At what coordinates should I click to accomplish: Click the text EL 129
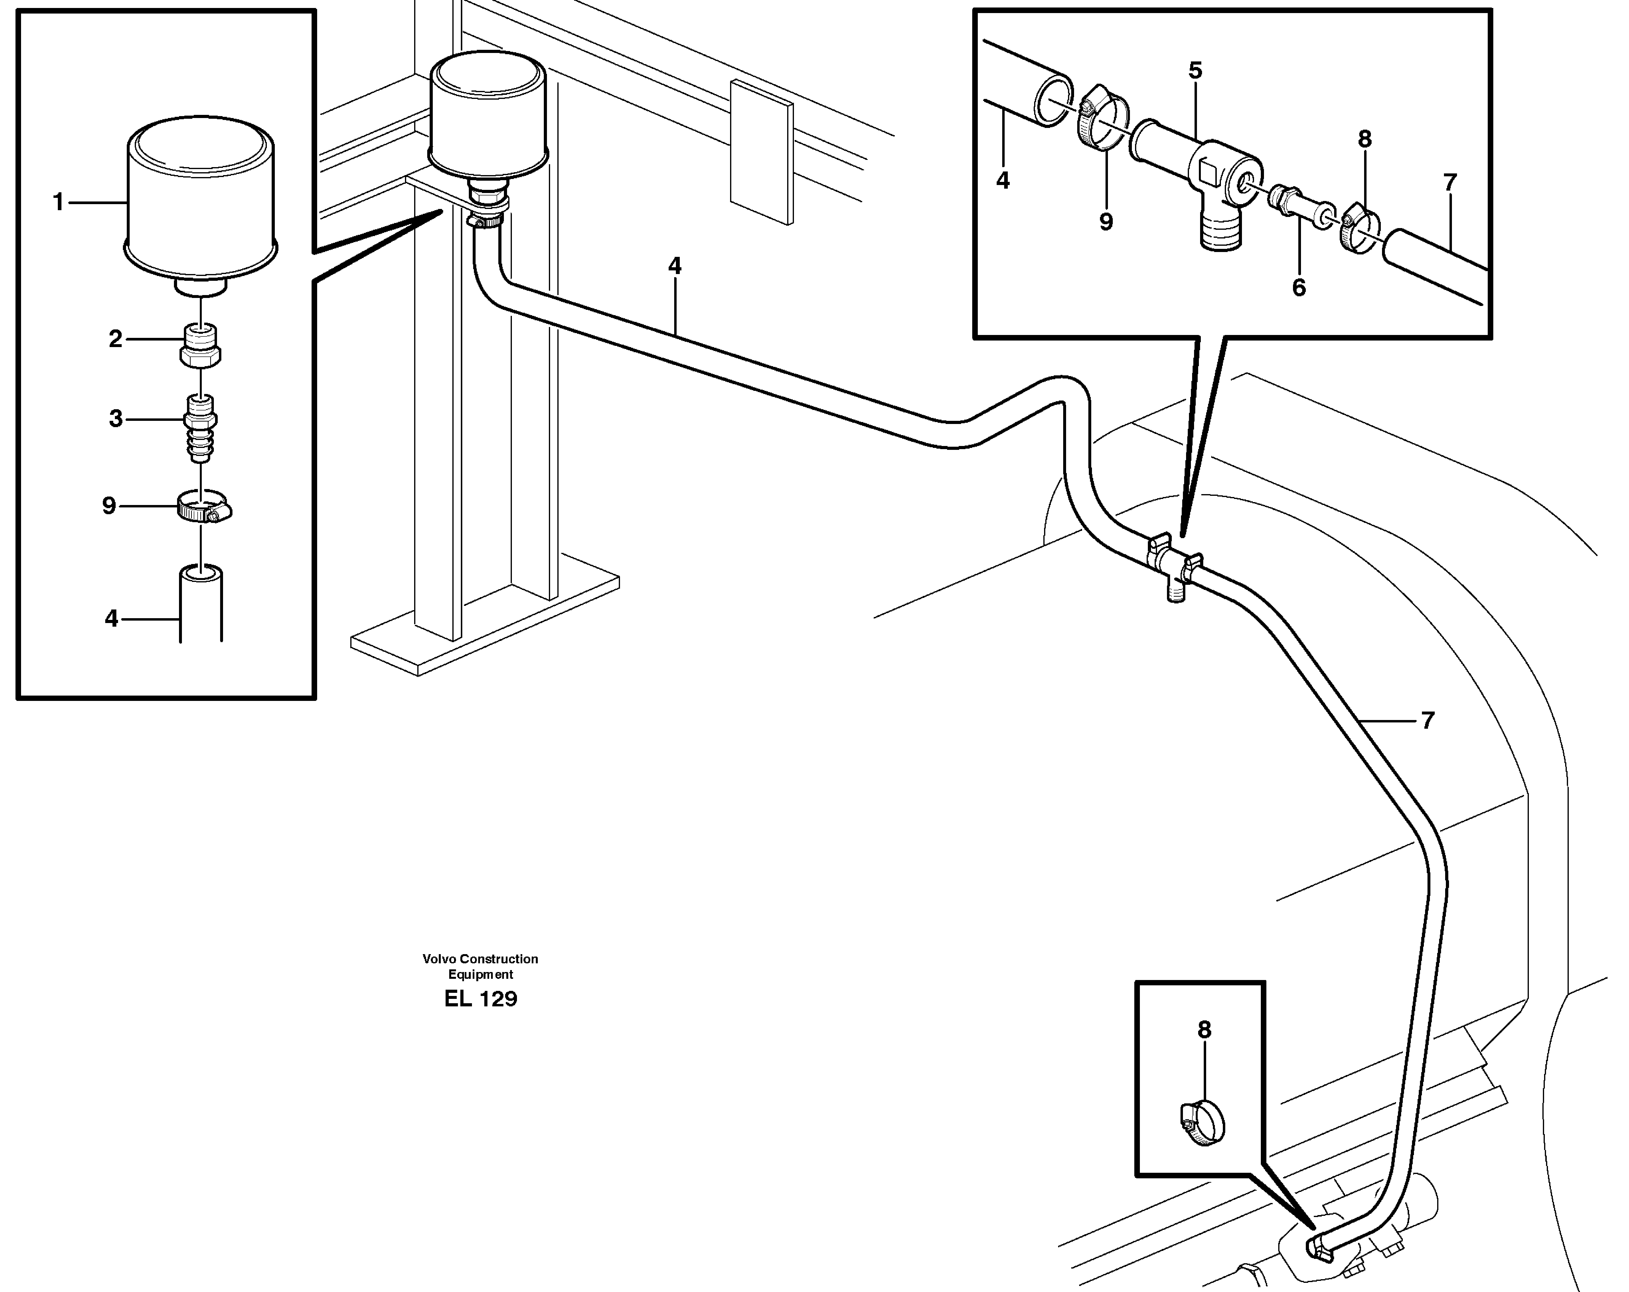pyautogui.click(x=480, y=999)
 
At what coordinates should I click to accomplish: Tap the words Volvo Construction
pyautogui.click(x=480, y=959)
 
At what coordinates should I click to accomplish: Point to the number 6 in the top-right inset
pyautogui.click(x=1299, y=288)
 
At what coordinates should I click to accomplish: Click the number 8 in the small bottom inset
pyautogui.click(x=1204, y=1030)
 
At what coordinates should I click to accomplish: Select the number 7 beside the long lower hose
pyautogui.click(x=1427, y=721)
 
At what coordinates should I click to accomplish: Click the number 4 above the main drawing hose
pyautogui.click(x=675, y=266)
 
